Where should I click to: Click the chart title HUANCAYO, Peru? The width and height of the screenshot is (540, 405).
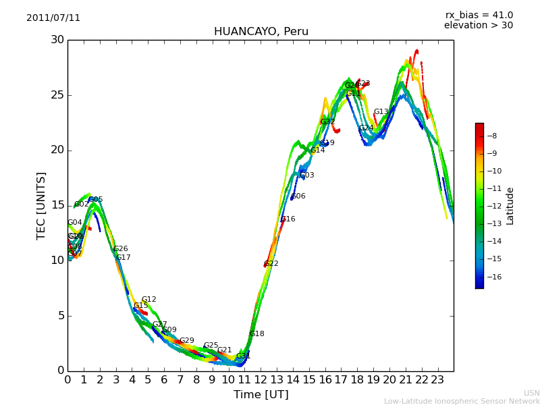pyautogui.click(x=261, y=32)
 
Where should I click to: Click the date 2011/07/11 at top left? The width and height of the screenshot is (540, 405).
pyautogui.click(x=53, y=18)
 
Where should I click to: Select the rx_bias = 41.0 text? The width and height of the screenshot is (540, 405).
pyautogui.click(x=479, y=16)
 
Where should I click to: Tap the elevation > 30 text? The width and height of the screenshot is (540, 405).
pyautogui.click(x=478, y=26)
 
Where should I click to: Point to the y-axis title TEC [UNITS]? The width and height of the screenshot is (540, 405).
pyautogui.click(x=42, y=205)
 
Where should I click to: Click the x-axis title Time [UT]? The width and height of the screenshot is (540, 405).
pyautogui.click(x=261, y=395)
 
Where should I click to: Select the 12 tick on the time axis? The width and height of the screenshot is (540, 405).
pyautogui.click(x=261, y=380)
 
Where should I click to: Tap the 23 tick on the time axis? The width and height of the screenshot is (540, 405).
pyautogui.click(x=437, y=380)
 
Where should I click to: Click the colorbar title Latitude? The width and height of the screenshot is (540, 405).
pyautogui.click(x=510, y=206)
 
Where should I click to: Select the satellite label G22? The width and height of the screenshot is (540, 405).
pyautogui.click(x=271, y=264)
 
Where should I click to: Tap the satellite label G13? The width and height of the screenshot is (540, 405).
pyautogui.click(x=381, y=112)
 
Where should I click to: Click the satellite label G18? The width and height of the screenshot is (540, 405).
pyautogui.click(x=257, y=334)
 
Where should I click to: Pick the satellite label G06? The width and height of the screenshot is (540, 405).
pyautogui.click(x=298, y=196)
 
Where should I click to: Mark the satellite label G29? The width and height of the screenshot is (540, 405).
pyautogui.click(x=187, y=341)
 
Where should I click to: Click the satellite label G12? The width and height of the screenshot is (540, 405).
pyautogui.click(x=149, y=300)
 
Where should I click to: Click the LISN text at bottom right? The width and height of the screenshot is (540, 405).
pyautogui.click(x=531, y=393)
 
